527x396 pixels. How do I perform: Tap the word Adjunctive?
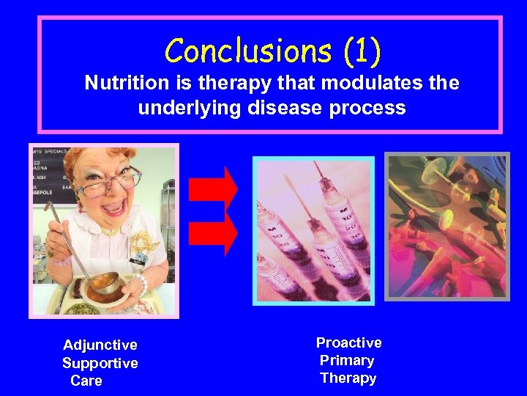100,345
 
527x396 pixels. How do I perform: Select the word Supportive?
100,363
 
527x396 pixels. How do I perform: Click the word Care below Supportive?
86,381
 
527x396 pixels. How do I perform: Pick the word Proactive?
348,342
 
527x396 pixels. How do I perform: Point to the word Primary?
347,360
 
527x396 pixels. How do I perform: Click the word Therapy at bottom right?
348,378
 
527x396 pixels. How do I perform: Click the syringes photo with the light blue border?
313,230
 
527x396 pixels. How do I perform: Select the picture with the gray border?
447,226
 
